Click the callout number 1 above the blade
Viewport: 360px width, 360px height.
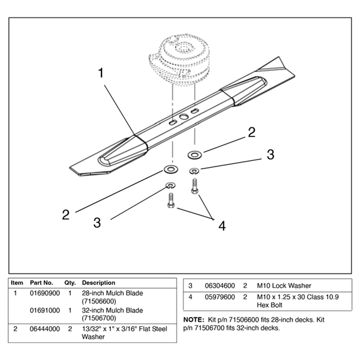pos(101,73)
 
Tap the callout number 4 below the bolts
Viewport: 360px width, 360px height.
pos(222,226)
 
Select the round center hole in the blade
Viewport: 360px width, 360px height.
pos(183,117)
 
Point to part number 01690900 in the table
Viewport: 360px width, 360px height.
pos(45,293)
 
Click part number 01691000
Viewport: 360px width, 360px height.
pos(45,311)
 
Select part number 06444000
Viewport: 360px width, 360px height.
pos(45,329)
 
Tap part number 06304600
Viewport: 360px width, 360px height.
pos(220,286)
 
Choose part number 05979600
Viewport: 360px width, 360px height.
pos(220,297)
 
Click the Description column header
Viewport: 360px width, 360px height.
pos(98,282)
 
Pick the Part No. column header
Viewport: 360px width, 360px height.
pos(41,282)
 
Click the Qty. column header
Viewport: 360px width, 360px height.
pos(70,283)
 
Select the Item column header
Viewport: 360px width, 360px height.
pos(17,282)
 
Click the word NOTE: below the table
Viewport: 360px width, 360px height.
pos(193,319)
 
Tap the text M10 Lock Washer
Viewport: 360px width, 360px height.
pos(284,286)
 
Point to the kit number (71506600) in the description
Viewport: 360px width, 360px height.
pos(99,301)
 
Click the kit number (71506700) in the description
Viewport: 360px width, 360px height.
pos(99,318)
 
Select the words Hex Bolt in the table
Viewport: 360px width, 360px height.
pos(270,305)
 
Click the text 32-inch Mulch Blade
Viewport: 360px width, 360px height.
pos(113,311)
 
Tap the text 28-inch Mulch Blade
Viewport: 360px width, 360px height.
pos(113,293)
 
